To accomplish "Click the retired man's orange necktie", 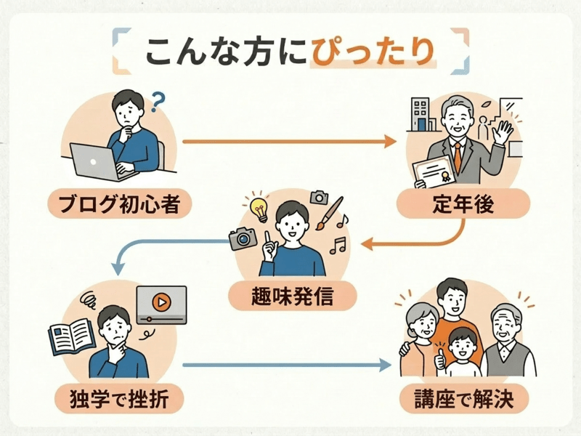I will pyautogui.click(x=458, y=154).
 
